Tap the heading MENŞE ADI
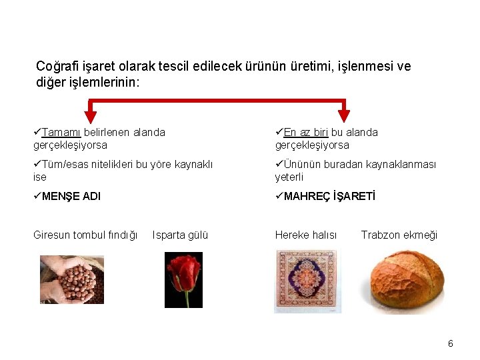(x=71, y=197)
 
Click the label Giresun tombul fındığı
(x=85, y=235)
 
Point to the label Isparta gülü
(x=180, y=235)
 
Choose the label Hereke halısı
(x=306, y=235)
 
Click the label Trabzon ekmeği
(x=399, y=235)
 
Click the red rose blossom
(x=183, y=270)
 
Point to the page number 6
(x=451, y=343)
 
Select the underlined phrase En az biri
(x=306, y=132)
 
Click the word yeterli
(x=289, y=177)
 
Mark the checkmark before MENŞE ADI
(x=37, y=197)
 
